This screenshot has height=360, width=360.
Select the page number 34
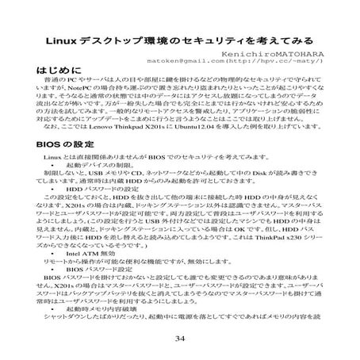[180, 339]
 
